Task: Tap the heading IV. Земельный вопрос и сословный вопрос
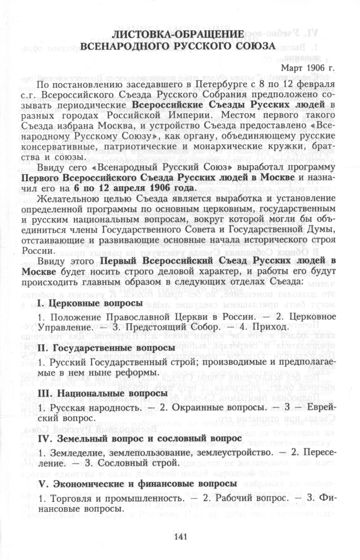pyautogui.click(x=140, y=438)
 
